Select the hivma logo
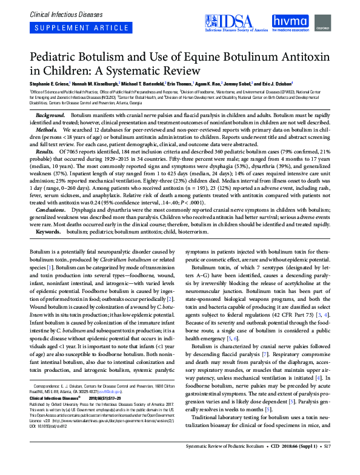(293, 22)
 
